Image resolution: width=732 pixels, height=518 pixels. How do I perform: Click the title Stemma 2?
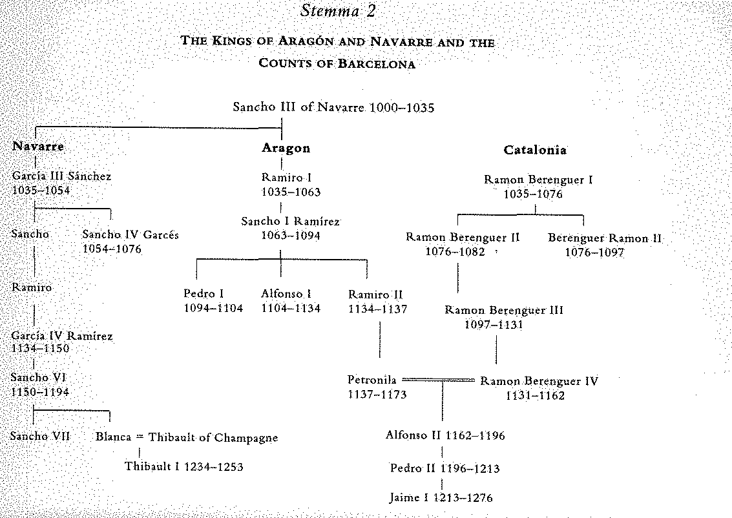(338, 10)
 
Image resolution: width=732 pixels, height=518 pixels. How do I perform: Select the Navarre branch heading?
(38, 146)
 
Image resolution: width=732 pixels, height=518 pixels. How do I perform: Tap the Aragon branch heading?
(286, 148)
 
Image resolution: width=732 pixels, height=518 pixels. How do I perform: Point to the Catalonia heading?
(535, 150)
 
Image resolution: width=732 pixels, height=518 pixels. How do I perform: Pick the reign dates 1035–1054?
(41, 190)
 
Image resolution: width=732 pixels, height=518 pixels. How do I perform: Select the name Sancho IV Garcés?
(131, 234)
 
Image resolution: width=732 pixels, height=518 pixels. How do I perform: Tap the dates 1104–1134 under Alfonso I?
(290, 308)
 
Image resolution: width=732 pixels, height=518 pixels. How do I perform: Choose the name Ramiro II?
(375, 295)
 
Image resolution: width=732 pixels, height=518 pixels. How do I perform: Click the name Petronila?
(372, 380)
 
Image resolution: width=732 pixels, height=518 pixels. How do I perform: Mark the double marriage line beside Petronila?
(438, 380)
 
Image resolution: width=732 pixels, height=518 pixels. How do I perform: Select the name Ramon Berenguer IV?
(539, 381)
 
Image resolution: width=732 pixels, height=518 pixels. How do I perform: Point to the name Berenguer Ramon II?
(605, 238)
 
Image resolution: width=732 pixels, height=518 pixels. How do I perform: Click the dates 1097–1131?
(494, 324)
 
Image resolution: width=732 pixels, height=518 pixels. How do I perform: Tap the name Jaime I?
(404, 497)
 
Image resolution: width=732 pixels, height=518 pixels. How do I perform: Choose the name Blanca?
(114, 437)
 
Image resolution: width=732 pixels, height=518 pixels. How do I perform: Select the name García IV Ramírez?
(61, 336)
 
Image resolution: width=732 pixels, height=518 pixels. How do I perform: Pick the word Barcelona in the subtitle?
(376, 63)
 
